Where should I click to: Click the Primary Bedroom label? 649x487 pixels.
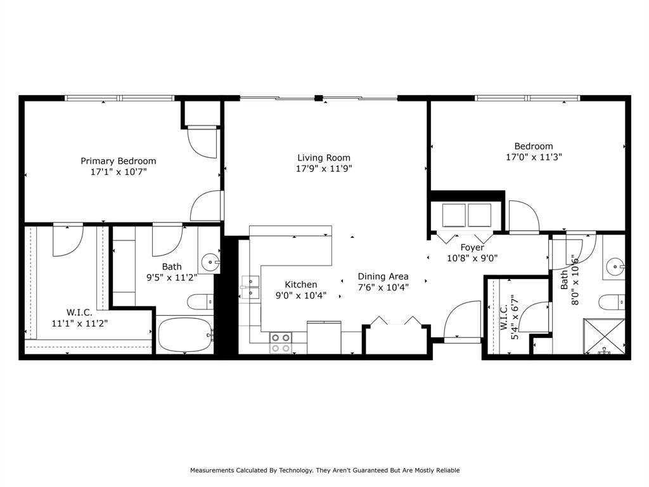118,161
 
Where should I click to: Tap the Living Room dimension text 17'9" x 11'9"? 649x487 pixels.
324,169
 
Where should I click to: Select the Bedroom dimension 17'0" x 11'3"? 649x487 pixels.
534,157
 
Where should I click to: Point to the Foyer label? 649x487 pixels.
472,247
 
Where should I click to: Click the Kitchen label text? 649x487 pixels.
300,285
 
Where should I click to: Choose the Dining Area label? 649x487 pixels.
383,276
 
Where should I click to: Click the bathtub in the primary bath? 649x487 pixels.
184,334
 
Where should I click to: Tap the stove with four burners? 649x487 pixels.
281,343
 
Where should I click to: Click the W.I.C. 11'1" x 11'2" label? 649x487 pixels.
79,317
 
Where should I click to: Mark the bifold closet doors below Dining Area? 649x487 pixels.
395,321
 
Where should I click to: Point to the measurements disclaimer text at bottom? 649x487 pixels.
324,471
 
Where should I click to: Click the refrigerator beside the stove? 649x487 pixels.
324,337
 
